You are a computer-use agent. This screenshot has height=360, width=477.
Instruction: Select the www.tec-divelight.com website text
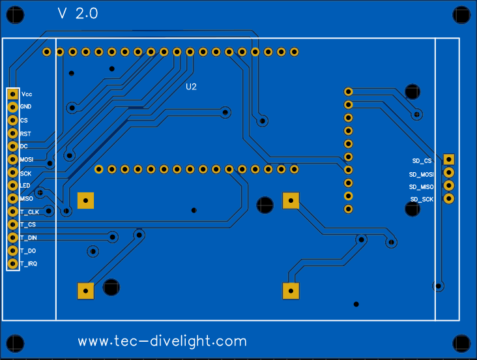(x=162, y=341)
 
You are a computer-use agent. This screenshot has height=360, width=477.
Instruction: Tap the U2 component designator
(x=191, y=87)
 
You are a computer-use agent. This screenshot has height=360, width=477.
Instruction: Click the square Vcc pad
(x=12, y=95)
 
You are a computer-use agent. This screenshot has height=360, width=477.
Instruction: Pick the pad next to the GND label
(x=12, y=108)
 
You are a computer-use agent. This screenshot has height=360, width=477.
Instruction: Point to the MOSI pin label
(x=27, y=160)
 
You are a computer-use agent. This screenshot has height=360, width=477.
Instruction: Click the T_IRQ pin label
(x=29, y=263)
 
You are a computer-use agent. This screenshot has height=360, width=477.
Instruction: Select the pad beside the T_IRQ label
(x=12, y=263)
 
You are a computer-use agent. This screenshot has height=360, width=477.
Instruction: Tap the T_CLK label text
(x=29, y=212)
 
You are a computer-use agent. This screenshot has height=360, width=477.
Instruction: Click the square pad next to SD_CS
(x=448, y=159)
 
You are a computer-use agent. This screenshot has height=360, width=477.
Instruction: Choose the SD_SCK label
(x=422, y=199)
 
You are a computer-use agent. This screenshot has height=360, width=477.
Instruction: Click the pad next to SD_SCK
(x=448, y=198)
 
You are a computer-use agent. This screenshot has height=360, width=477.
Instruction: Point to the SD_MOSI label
(x=422, y=174)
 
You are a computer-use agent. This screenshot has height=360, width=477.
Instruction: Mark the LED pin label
(x=25, y=186)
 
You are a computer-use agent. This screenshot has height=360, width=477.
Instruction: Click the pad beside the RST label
(x=12, y=134)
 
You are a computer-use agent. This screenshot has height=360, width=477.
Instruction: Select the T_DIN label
(x=29, y=238)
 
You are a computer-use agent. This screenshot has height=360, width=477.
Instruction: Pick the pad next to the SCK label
(x=12, y=173)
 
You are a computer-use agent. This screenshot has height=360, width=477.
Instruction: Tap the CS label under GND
(x=24, y=121)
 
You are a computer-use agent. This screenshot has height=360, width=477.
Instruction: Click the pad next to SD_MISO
(x=448, y=185)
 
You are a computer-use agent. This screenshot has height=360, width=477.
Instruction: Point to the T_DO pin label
(x=27, y=251)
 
